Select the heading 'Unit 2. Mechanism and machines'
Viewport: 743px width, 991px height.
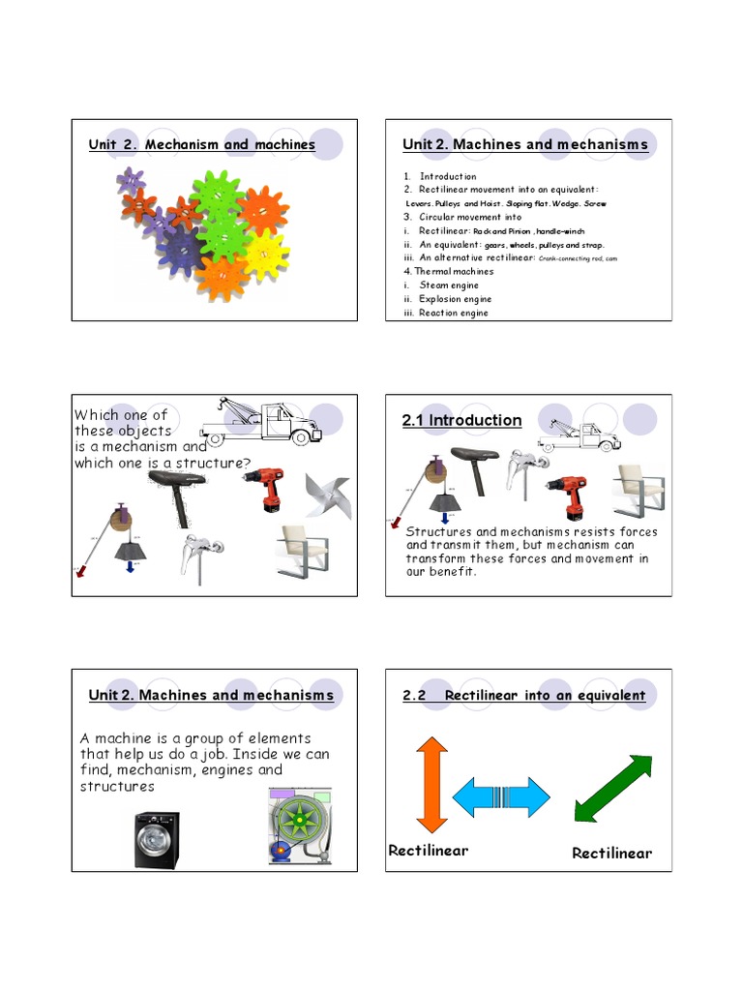(x=201, y=144)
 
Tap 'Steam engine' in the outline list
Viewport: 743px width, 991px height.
(x=448, y=285)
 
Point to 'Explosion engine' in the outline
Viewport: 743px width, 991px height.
(x=455, y=299)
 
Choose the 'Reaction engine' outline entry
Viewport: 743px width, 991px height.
(x=453, y=313)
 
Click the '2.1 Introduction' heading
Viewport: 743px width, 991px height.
(x=461, y=420)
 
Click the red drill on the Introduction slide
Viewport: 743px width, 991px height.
(x=566, y=490)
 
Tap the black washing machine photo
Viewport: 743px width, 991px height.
(x=156, y=839)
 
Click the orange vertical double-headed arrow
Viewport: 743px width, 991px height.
(x=431, y=783)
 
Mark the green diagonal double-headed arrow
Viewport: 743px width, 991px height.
(x=612, y=789)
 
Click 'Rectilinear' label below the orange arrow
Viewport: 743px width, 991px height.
(x=428, y=851)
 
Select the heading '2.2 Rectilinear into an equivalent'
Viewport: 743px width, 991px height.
(x=523, y=696)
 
